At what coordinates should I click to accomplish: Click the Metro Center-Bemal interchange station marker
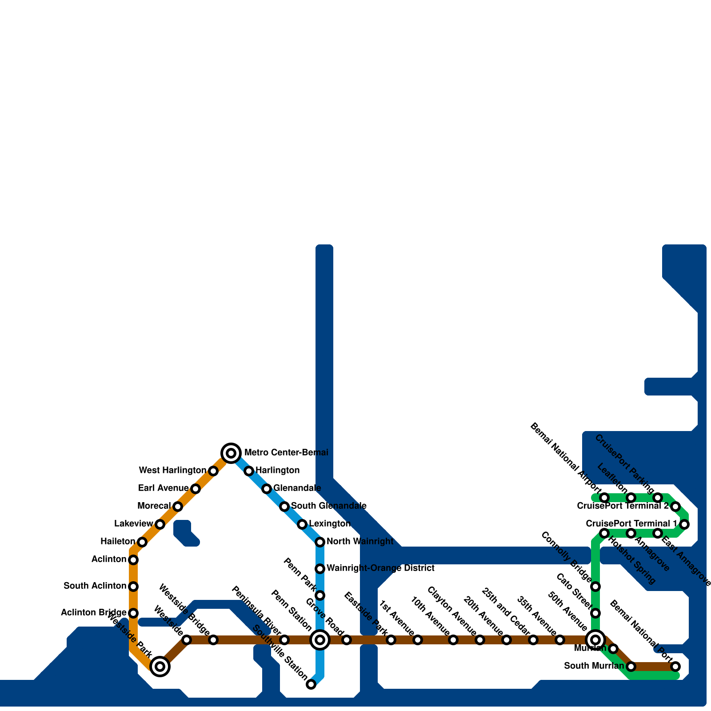click(231, 453)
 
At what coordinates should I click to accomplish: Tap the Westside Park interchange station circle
click(160, 667)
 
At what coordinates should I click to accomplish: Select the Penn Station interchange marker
click(320, 640)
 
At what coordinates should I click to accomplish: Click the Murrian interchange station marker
click(595, 640)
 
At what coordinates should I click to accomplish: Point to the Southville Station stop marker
click(311, 684)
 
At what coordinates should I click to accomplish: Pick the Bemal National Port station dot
click(675, 667)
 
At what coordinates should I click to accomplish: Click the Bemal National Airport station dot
click(604, 498)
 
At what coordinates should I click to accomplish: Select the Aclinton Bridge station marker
click(133, 613)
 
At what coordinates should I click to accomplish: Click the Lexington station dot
click(302, 524)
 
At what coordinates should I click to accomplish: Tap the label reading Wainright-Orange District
click(380, 568)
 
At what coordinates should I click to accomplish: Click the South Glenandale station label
click(329, 506)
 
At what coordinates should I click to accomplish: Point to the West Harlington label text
click(172, 471)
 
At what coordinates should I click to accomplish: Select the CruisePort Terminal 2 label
click(623, 506)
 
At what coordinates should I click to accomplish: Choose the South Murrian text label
click(594, 666)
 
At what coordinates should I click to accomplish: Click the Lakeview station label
click(133, 524)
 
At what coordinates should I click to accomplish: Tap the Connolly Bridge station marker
click(595, 587)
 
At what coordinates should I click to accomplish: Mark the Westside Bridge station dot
click(213, 640)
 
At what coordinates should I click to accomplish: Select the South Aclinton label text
click(95, 586)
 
